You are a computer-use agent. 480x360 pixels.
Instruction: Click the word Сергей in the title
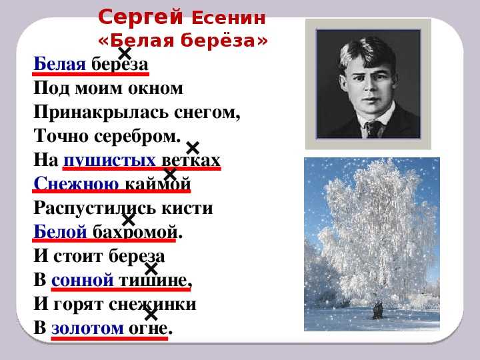click(141, 17)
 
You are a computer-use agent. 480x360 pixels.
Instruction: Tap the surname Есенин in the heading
click(229, 18)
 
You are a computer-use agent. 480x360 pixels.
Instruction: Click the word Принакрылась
click(101, 113)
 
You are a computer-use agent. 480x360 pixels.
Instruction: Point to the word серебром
click(137, 137)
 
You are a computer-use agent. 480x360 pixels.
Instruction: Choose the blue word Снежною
click(76, 184)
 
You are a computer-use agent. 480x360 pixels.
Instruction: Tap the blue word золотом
click(87, 328)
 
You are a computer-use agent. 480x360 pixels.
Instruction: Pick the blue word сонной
click(83, 280)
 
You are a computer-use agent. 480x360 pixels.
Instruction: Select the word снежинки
click(152, 304)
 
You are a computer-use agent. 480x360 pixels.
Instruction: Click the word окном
click(155, 89)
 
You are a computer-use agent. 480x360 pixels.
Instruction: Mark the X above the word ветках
click(193, 148)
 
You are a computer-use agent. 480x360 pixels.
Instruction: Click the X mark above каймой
click(170, 174)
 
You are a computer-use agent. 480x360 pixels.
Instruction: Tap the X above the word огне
click(151, 315)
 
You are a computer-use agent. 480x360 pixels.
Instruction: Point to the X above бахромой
click(129, 220)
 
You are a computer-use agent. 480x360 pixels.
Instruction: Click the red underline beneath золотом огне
click(109, 338)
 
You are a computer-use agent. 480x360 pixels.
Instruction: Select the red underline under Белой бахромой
click(104, 240)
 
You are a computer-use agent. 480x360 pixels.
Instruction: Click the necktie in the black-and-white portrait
click(374, 129)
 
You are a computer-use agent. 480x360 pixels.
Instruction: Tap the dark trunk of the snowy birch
click(377, 310)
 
